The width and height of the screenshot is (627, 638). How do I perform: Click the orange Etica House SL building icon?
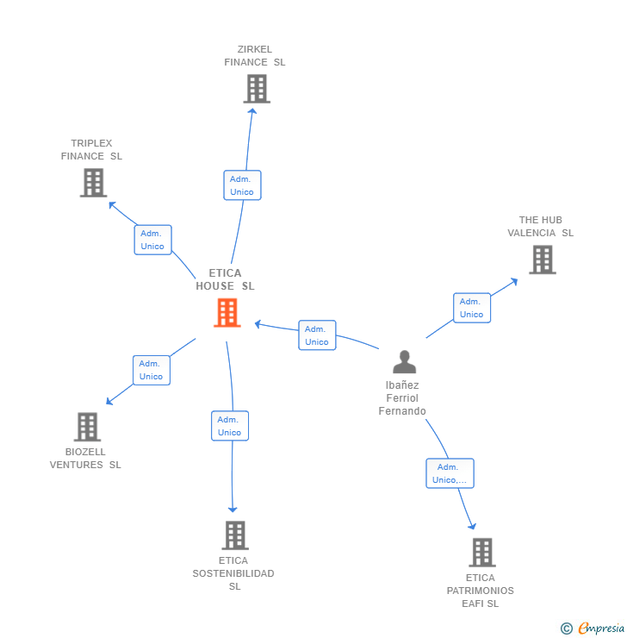point(227,313)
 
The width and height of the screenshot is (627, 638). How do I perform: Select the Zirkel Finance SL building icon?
point(257,89)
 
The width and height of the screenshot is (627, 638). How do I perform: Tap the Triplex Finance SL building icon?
point(93,183)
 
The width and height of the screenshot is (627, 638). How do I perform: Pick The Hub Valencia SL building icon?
point(542,260)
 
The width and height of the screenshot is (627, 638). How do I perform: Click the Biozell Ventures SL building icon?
point(87,427)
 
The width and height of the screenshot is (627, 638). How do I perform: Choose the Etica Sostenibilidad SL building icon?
point(235,535)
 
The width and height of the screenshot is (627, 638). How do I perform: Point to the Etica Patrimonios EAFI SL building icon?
point(482,553)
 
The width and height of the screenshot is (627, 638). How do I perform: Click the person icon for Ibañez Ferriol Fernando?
point(404,362)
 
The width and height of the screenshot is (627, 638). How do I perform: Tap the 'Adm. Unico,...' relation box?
point(450,473)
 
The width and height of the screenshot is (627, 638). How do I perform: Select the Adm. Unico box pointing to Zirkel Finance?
point(242,185)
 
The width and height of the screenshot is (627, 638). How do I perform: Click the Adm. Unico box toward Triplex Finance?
point(152,240)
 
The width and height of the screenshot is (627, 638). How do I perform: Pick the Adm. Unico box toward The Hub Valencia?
point(472,308)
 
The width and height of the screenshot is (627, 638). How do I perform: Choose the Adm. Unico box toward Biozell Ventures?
point(151,370)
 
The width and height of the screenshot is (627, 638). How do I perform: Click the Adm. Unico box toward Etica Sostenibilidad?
point(230,426)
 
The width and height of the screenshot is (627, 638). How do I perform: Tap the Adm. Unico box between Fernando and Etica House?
point(317,335)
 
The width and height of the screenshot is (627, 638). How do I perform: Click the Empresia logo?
point(600,629)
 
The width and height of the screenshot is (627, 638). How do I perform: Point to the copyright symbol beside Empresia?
point(567,629)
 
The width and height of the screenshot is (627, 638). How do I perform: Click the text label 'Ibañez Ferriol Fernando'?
point(402,398)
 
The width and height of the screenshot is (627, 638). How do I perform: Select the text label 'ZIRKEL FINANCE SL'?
point(255,56)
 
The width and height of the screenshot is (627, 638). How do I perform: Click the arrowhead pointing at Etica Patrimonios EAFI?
point(472,525)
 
